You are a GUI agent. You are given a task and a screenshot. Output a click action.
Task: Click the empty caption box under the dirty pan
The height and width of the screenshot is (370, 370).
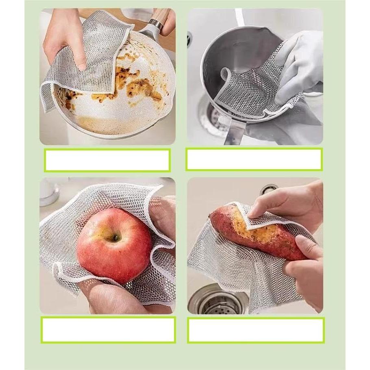107,160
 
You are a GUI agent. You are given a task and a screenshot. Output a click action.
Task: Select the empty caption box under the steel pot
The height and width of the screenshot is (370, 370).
254,159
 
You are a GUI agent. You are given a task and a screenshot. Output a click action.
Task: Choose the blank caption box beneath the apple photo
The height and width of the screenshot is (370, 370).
108,330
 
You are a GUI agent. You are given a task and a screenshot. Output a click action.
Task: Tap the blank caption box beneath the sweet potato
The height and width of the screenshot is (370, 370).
256,330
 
